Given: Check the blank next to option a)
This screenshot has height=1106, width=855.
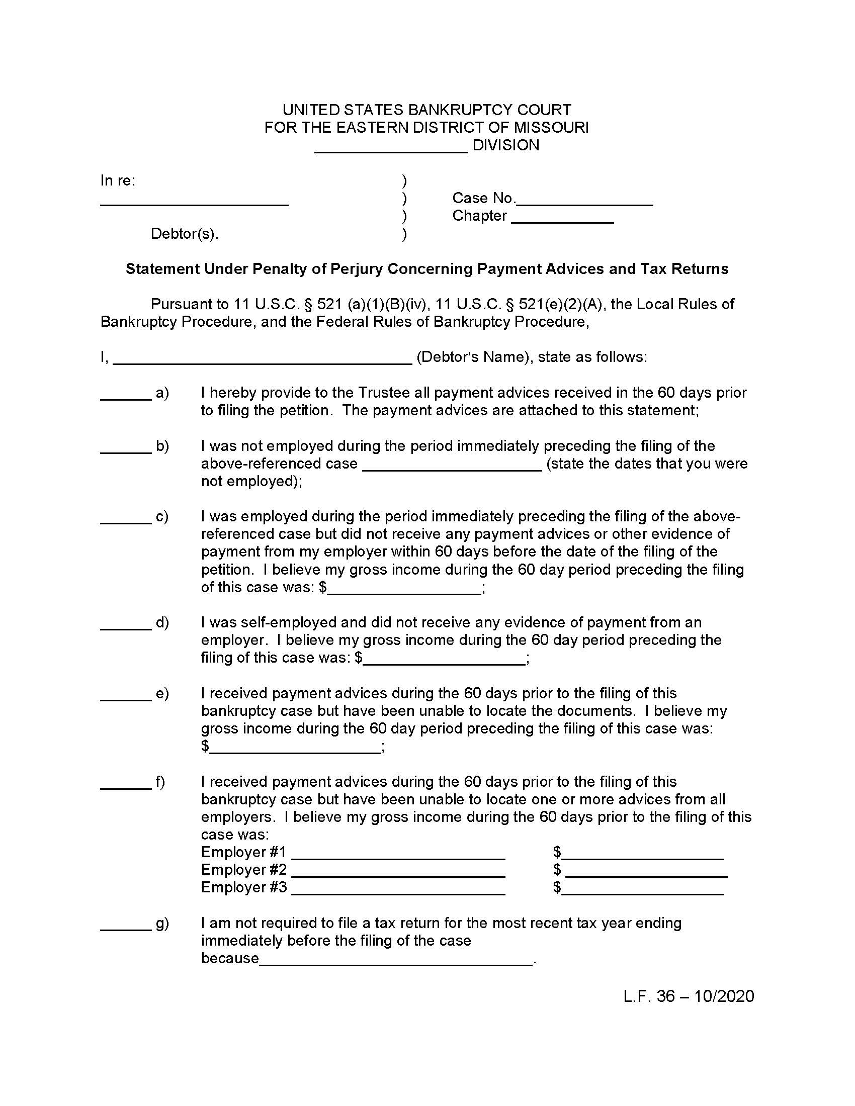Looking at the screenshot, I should click(x=126, y=396).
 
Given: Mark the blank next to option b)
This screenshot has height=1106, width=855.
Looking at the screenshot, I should click(x=126, y=448).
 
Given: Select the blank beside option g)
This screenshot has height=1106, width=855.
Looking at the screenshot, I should click(x=126, y=926).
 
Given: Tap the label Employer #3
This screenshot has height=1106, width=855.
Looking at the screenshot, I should click(x=243, y=887).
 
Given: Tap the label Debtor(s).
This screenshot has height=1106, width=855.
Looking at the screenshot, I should click(x=185, y=234).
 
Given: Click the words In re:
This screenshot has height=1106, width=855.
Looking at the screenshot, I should click(x=118, y=181).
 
